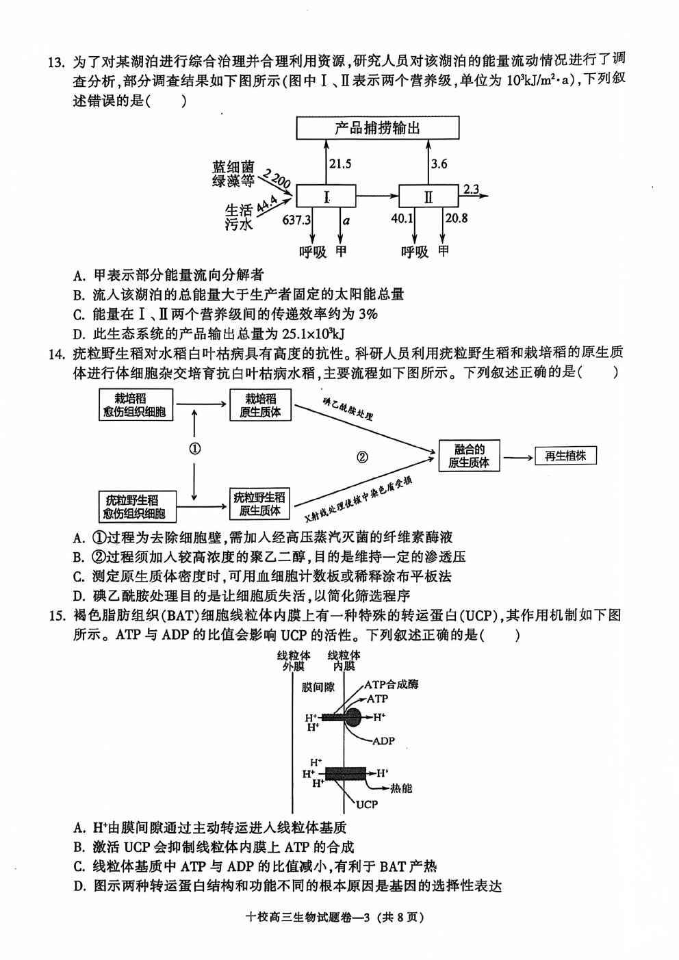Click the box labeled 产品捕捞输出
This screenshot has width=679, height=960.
(378, 127)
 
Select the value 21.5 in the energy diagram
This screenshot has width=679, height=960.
(340, 164)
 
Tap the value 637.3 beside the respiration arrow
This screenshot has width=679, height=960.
(296, 220)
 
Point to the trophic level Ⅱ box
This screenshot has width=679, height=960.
(428, 196)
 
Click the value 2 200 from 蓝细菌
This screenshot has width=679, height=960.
(277, 179)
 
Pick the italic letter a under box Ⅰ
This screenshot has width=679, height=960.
(346, 221)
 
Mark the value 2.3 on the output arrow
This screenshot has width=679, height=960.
(471, 189)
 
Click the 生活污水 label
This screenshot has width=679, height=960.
(239, 218)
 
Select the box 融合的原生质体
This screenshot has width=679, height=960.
(469, 456)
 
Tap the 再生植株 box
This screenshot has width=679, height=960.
(565, 456)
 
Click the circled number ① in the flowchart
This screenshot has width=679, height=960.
(194, 449)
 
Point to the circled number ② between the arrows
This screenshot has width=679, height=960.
(362, 458)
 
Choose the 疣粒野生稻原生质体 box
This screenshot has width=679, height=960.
(260, 504)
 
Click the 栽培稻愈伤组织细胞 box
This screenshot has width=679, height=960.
(136, 404)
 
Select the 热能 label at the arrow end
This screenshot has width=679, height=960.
(401, 788)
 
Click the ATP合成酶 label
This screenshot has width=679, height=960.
(392, 684)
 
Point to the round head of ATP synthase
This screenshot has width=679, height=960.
(353, 717)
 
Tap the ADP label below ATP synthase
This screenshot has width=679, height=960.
(384, 740)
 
